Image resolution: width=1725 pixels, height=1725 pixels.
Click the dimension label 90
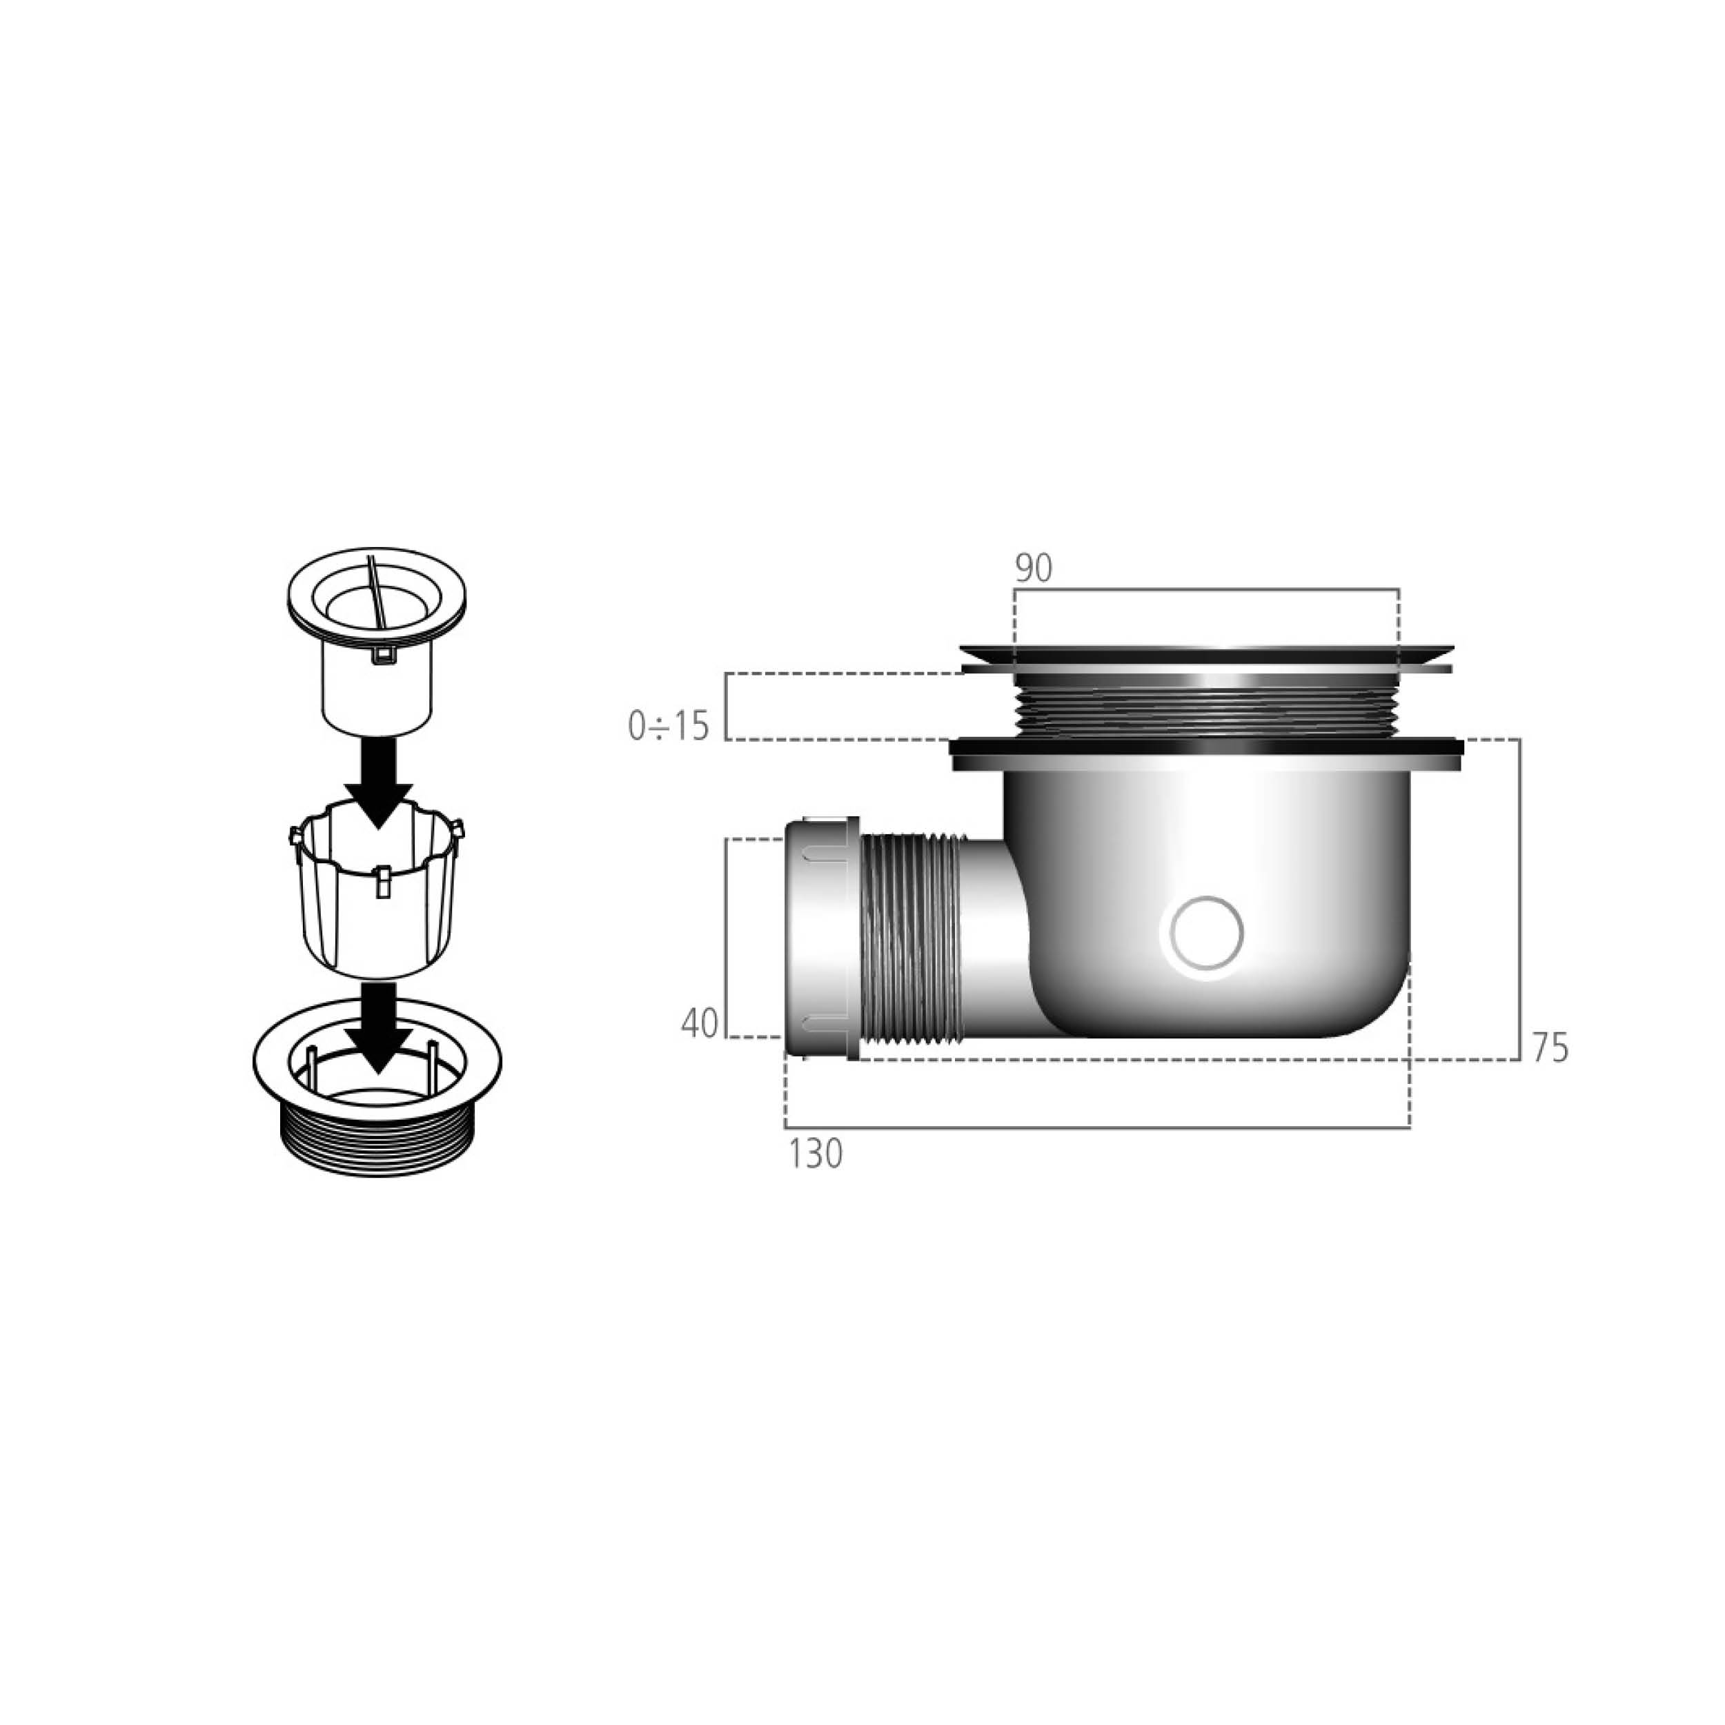[x=1033, y=568]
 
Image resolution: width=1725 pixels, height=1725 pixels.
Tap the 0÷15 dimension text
[x=668, y=726]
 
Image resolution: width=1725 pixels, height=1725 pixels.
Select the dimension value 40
[x=699, y=1023]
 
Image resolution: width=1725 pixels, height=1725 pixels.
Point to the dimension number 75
[x=1550, y=1048]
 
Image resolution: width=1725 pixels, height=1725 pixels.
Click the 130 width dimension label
[x=815, y=1154]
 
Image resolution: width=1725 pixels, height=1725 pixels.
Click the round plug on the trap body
[x=1206, y=933]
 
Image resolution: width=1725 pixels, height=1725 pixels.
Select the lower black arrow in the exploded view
[x=379, y=1027]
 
